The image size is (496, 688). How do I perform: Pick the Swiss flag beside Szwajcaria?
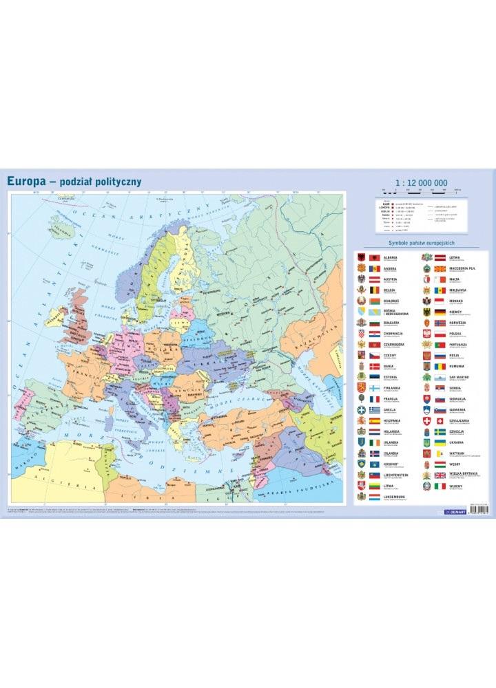tap(440, 420)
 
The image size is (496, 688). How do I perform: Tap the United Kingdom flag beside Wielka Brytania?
tap(440, 475)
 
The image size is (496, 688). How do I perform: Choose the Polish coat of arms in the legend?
tap(426, 333)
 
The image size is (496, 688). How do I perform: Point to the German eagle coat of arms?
tap(426, 312)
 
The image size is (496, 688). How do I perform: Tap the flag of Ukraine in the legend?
tap(440, 442)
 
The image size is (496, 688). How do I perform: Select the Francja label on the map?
tap(86, 378)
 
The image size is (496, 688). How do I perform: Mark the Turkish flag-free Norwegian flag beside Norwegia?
tap(440, 323)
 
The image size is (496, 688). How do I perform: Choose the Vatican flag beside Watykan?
tap(440, 453)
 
